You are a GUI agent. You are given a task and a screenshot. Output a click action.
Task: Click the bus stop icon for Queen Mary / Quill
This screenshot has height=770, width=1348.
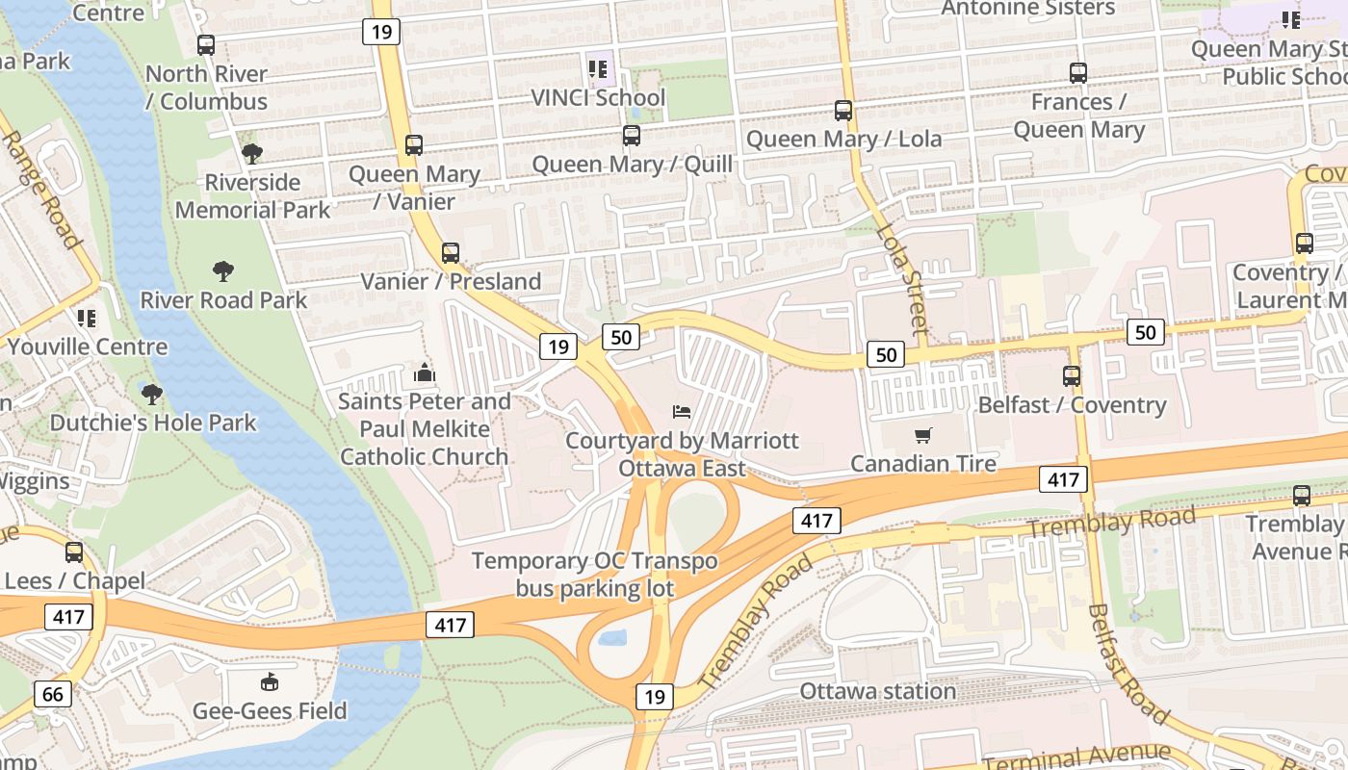(x=632, y=136)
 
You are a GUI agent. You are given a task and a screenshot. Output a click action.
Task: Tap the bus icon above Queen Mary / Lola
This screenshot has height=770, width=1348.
(x=843, y=111)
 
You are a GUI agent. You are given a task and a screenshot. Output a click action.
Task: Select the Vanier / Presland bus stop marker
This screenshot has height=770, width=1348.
(x=451, y=253)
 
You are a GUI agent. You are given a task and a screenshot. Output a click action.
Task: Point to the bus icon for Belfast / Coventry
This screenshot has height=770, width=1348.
(x=1072, y=376)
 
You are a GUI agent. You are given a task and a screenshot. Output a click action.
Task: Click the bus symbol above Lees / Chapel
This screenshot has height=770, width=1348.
(x=74, y=552)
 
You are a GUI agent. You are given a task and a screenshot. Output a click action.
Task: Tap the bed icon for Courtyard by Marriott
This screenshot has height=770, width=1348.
(x=682, y=412)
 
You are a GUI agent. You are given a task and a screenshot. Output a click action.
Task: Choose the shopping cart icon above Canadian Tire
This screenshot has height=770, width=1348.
(x=923, y=435)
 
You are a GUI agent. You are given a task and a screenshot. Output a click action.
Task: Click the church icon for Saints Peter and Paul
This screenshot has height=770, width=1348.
(x=424, y=372)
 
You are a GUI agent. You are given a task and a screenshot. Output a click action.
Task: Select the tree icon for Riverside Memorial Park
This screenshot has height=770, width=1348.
(x=252, y=153)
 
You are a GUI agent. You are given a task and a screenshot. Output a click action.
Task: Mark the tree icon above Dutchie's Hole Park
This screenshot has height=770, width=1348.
(x=152, y=394)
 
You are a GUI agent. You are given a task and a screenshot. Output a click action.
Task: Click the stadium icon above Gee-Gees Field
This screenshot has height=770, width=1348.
(x=270, y=682)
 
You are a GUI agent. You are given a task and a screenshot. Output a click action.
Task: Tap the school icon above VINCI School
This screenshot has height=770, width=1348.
(x=598, y=69)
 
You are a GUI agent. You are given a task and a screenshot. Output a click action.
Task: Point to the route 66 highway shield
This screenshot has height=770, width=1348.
(x=52, y=694)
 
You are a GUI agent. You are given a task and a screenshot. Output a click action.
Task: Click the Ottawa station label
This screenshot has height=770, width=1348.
(x=878, y=691)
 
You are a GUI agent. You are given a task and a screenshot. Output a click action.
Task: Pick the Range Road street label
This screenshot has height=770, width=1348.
(x=40, y=189)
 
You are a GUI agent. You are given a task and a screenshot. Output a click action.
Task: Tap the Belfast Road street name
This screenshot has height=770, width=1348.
(x=1128, y=664)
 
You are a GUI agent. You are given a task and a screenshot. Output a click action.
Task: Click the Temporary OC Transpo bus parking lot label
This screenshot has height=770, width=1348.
(x=595, y=575)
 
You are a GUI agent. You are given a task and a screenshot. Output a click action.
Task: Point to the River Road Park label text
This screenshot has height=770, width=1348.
(x=224, y=300)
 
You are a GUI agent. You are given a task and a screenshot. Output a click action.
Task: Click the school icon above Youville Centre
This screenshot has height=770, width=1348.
(x=87, y=318)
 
